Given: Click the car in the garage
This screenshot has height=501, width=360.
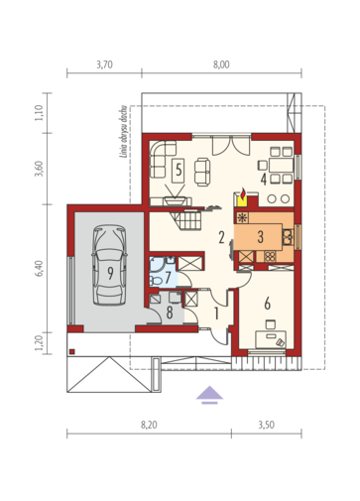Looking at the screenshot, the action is point(109,265).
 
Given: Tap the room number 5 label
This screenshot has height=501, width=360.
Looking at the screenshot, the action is point(179,171).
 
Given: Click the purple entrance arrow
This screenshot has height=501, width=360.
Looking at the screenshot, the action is point(209,395).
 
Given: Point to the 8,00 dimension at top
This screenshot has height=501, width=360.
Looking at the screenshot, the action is point(221,64).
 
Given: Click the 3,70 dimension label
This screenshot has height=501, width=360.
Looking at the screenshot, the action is point(104,64).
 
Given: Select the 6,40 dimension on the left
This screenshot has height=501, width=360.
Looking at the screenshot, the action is point(39,268).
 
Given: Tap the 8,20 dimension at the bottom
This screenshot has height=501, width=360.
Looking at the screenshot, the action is point(149,425).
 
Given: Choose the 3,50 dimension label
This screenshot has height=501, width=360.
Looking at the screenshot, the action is point(267,425).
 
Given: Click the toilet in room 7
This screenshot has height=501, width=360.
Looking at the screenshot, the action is point(156,281).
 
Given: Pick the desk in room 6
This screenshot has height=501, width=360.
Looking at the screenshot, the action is point(271,339).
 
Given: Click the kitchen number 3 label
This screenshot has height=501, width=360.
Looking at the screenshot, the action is point(261,237).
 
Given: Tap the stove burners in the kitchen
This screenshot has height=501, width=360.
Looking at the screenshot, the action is point(270,256).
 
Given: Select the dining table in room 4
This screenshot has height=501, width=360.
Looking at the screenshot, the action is point(281,165).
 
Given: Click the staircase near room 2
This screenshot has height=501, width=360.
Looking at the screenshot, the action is point(186,219).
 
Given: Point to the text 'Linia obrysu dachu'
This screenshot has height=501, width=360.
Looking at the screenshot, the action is point(124,136).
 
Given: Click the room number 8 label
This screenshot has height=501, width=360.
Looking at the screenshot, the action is point(170,313).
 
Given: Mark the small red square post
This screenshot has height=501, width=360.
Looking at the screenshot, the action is point(72,351).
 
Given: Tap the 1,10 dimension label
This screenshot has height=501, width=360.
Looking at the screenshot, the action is point(39,113).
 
